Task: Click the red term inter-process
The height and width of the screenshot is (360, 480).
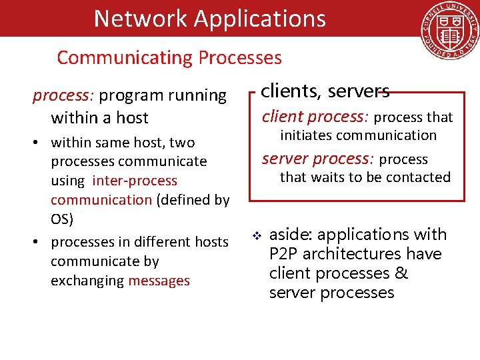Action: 135,181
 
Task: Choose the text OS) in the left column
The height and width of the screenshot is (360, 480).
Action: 62,219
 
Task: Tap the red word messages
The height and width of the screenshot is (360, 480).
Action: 159,281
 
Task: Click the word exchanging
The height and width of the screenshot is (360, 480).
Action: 87,281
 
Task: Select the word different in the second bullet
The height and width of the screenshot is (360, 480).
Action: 154,241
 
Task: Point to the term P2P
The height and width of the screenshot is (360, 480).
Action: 283,254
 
